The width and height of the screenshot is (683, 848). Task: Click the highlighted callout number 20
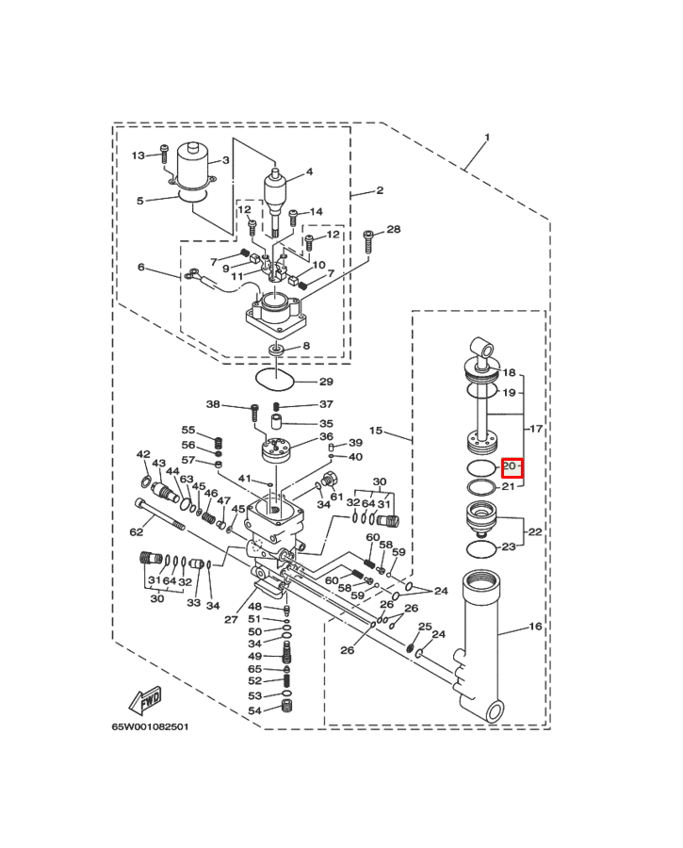[x=511, y=466]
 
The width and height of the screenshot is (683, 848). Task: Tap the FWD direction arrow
[x=145, y=700]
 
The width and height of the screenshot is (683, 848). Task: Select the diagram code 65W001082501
[x=151, y=726]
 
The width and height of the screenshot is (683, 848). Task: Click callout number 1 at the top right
[x=487, y=138]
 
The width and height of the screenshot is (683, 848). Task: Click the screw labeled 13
[x=165, y=153]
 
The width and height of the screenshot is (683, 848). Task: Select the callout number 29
[x=326, y=382]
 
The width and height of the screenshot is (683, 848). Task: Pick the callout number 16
[x=535, y=627]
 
